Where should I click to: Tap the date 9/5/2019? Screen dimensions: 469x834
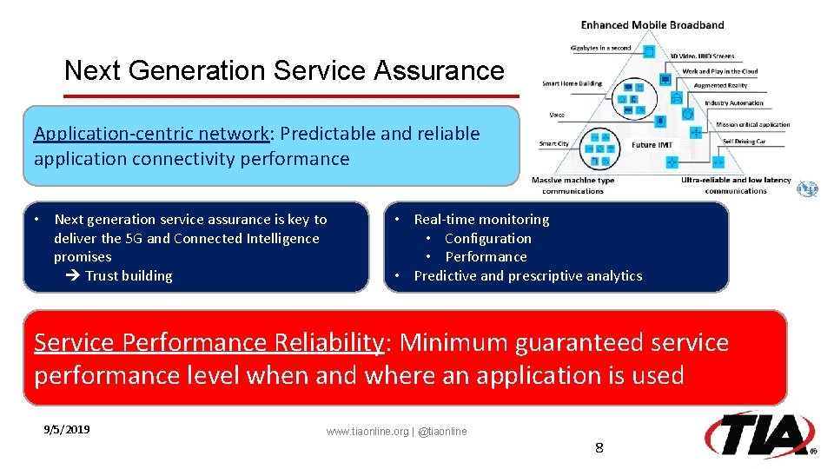pyautogui.click(x=67, y=430)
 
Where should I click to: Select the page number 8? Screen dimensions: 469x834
pyautogui.click(x=599, y=448)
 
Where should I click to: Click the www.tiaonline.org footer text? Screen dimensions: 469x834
pyautogui.click(x=396, y=432)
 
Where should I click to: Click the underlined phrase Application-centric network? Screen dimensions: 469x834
pyautogui.click(x=151, y=134)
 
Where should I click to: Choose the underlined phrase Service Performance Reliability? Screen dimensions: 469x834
pyautogui.click(x=208, y=343)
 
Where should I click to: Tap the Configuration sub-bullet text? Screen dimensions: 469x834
pyautogui.click(x=487, y=239)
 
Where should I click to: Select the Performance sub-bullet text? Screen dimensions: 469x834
pyautogui.click(x=486, y=257)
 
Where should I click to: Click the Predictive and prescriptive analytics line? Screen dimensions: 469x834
pyautogui.click(x=527, y=276)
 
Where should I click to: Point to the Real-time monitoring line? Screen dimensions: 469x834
pyautogui.click(x=481, y=220)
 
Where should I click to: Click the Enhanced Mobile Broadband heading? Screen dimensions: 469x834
pyautogui.click(x=652, y=25)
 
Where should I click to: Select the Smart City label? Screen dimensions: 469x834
pyautogui.click(x=553, y=143)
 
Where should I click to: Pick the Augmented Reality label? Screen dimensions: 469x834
pyautogui.click(x=720, y=86)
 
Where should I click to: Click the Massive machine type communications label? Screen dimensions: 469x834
pyautogui.click(x=573, y=185)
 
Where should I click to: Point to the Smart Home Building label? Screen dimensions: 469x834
pyautogui.click(x=572, y=84)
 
